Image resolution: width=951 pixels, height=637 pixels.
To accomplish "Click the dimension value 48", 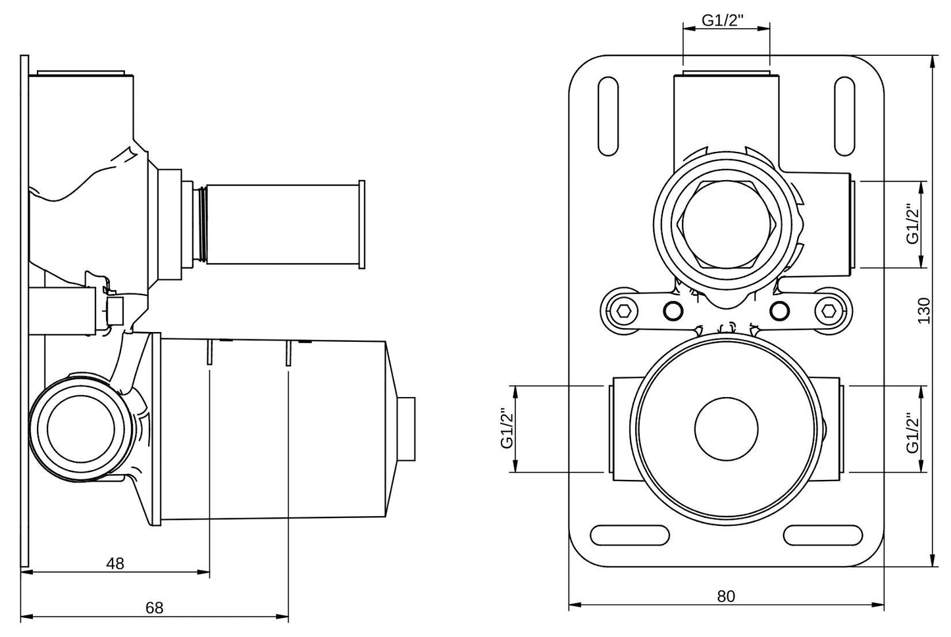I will [115, 563].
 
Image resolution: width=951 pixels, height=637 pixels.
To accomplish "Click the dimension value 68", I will [154, 608].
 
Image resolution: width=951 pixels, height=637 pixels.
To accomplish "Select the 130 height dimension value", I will [924, 310].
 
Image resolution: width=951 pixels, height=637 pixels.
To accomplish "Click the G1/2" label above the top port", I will [723, 20].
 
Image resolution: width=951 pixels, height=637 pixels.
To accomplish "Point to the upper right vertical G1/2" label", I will [913, 224].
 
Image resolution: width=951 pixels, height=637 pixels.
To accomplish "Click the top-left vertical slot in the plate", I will [608, 118].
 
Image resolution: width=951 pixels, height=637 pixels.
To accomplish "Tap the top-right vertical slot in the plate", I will [844, 118].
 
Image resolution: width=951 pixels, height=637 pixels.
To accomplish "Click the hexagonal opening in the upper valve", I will [726, 224].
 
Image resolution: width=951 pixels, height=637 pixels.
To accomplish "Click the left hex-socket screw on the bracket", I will [623, 310].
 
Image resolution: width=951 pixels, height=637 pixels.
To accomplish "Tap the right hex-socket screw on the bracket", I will [830, 310].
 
